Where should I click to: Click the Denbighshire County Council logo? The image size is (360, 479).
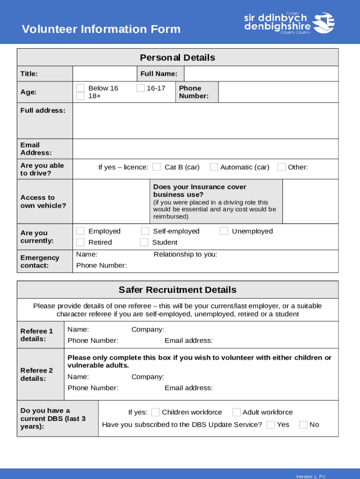click(x=289, y=22)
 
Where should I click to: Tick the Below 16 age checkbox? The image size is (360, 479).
click(x=80, y=88)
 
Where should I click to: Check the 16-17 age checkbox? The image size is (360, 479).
click(x=141, y=88)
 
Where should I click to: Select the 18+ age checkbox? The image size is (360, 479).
click(x=80, y=96)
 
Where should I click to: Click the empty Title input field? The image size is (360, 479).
click(x=104, y=74)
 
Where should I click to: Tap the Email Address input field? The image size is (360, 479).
click(x=205, y=149)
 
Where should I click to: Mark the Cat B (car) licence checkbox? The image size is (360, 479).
click(x=157, y=167)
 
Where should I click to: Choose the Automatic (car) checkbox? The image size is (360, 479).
click(x=214, y=167)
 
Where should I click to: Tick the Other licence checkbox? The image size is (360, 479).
click(x=281, y=167)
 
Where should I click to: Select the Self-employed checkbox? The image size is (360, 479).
click(x=145, y=231)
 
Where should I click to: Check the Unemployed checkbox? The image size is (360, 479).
click(x=224, y=231)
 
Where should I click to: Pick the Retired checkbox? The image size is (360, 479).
click(x=80, y=242)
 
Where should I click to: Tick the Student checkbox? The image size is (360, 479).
click(x=144, y=242)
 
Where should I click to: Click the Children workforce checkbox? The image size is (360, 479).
click(x=156, y=412)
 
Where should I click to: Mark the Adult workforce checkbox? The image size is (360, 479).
click(x=237, y=412)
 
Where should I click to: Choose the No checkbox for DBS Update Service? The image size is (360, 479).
click(x=303, y=425)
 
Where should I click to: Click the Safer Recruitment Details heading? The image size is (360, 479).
click(x=178, y=290)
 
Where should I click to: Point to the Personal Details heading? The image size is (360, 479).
click(x=178, y=58)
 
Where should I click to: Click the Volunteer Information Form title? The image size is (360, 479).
click(x=101, y=29)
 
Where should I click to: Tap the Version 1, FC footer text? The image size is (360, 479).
click(x=310, y=476)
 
